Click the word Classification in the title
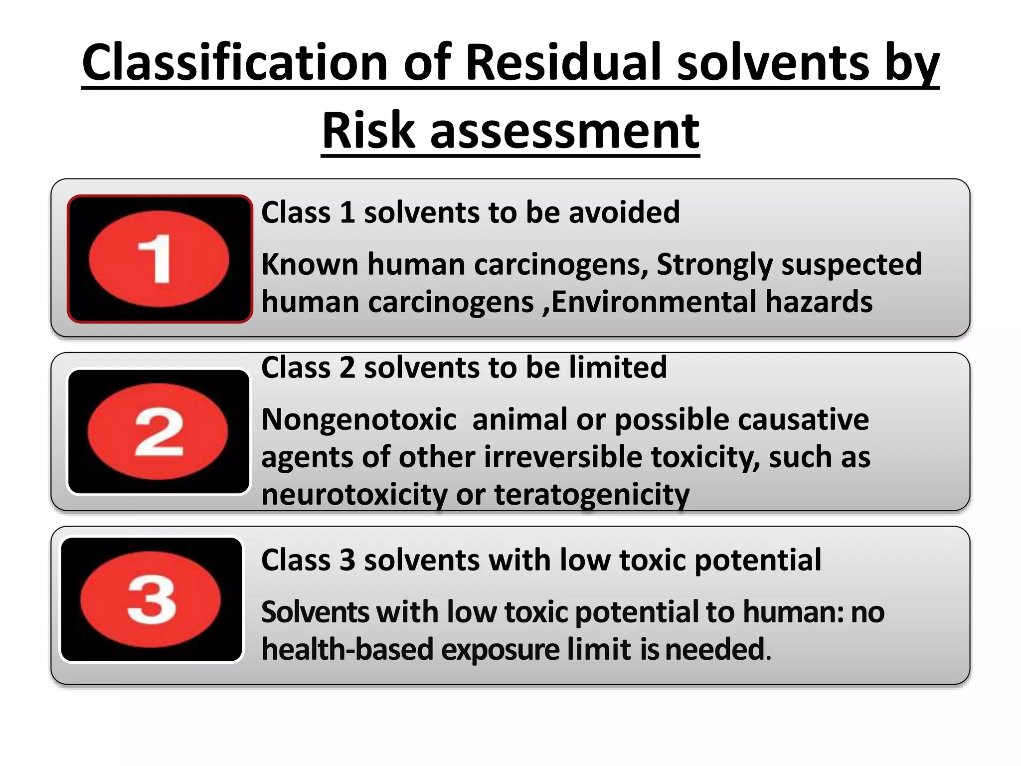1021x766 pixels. [235, 63]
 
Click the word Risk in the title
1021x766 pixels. [368, 131]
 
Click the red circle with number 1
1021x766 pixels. [159, 259]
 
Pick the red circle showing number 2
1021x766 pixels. [158, 431]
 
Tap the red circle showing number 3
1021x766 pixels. [151, 599]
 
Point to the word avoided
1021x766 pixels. [624, 212]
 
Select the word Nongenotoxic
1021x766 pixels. [359, 419]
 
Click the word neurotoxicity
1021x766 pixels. [354, 495]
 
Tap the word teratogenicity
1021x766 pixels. [592, 495]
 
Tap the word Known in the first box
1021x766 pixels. [310, 264]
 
